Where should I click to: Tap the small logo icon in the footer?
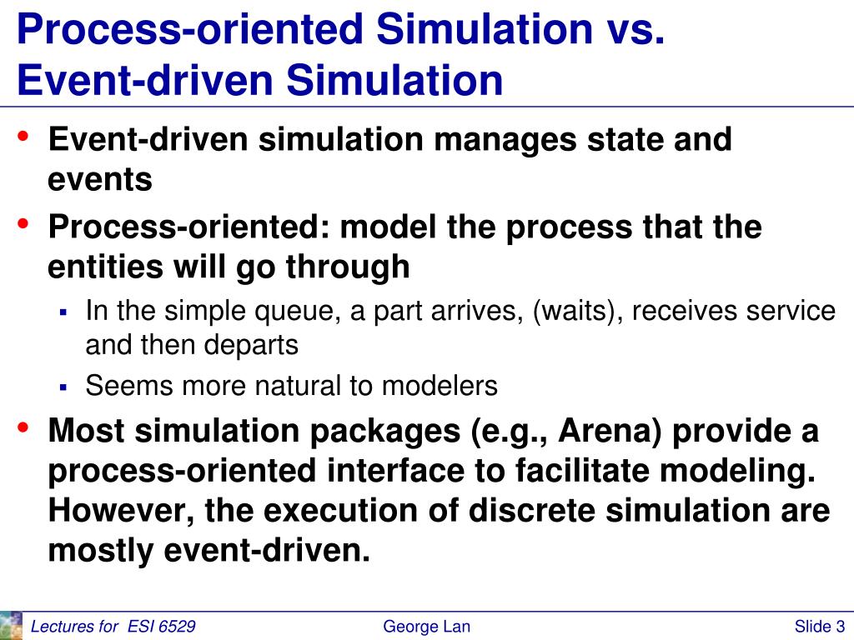tap(11, 625)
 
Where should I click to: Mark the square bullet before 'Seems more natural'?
tap(63, 387)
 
